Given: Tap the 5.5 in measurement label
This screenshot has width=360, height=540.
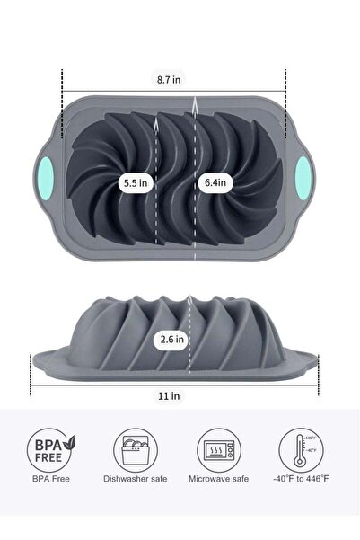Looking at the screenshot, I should tap(136, 182).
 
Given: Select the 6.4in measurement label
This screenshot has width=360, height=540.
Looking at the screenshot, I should tap(215, 182).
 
